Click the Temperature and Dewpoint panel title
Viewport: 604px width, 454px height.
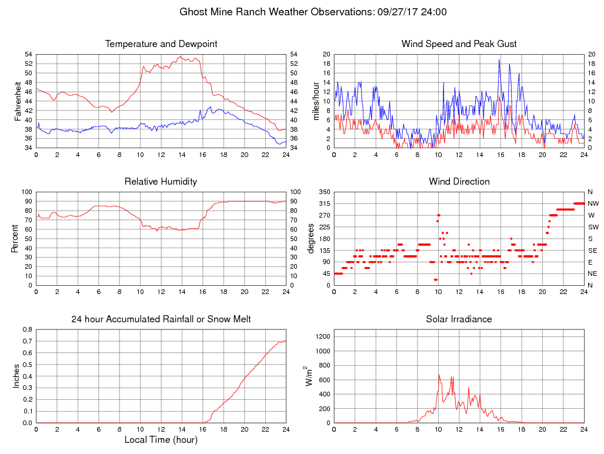161,44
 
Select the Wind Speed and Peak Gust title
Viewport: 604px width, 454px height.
459,44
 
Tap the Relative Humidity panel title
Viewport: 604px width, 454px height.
161,182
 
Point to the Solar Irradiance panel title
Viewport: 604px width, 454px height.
459,319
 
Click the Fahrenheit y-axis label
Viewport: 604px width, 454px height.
17,101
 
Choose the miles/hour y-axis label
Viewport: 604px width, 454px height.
316,101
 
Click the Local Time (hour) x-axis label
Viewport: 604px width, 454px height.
161,440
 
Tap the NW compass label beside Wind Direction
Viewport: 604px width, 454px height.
592,203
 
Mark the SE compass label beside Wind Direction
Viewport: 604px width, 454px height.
592,250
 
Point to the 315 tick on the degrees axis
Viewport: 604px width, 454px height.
323,203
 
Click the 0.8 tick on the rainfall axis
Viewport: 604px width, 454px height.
27,329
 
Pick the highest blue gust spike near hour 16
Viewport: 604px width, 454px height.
499,59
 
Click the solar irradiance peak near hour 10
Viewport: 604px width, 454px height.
438,374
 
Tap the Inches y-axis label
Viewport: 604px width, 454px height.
17,376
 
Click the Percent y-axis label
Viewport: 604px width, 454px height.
17,238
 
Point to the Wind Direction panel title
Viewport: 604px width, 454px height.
459,182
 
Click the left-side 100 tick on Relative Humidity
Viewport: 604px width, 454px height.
26,192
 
